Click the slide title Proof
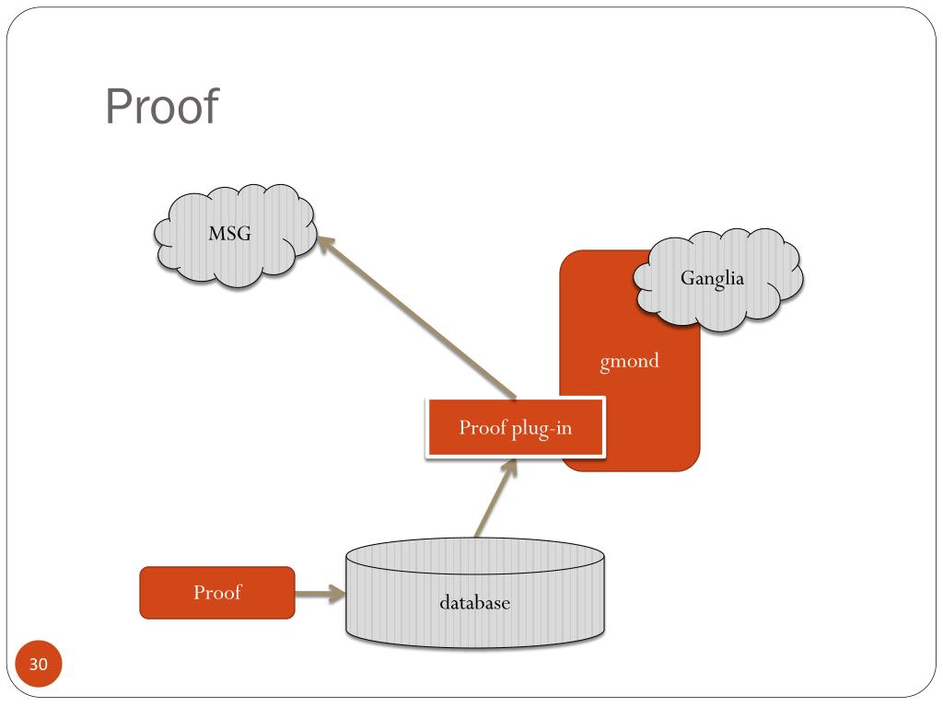click(x=162, y=107)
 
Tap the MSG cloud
click(x=235, y=235)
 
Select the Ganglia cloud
click(x=718, y=280)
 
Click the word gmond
click(x=629, y=361)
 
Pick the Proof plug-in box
click(x=516, y=427)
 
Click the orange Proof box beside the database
click(x=217, y=593)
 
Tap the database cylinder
click(x=475, y=593)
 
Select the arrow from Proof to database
click(x=320, y=594)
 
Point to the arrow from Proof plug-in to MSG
click(x=416, y=318)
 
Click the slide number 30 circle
click(x=39, y=664)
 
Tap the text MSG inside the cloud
click(x=229, y=233)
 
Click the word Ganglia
click(x=712, y=278)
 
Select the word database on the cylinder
click(x=475, y=602)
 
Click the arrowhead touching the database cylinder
click(x=337, y=594)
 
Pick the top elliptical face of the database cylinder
click(x=475, y=555)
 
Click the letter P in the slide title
click(x=119, y=107)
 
